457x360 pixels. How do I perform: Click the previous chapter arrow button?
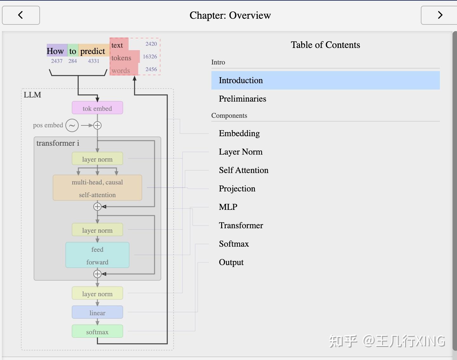(x=21, y=15)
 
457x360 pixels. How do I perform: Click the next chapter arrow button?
(x=439, y=15)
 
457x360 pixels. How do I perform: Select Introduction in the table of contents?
(x=241, y=80)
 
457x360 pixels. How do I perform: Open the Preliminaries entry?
(x=242, y=99)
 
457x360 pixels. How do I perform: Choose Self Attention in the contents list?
(x=243, y=170)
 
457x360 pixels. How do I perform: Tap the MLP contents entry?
(x=228, y=207)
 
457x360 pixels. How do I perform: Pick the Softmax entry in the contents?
(x=234, y=244)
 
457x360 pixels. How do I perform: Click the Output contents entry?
(x=231, y=262)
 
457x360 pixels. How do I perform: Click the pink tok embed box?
(x=97, y=108)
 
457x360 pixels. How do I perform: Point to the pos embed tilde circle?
(x=72, y=125)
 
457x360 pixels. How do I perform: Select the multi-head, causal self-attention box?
(x=97, y=188)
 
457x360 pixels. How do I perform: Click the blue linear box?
(x=97, y=312)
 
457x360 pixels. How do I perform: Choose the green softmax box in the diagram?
(x=97, y=331)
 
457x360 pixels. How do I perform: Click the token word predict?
(x=93, y=51)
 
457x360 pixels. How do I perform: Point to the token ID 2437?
(x=57, y=61)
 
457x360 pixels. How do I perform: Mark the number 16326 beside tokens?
(x=150, y=57)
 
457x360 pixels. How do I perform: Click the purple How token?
(x=56, y=51)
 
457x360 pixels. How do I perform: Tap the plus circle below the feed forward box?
(x=97, y=274)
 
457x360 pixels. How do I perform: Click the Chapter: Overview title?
(x=230, y=15)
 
